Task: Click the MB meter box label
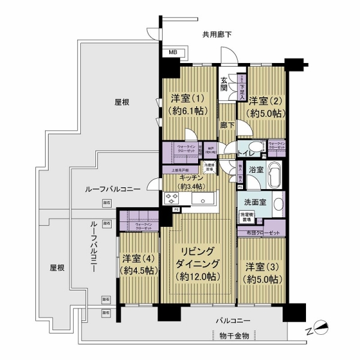coord(173,53)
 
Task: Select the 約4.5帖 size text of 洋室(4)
coord(139,271)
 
